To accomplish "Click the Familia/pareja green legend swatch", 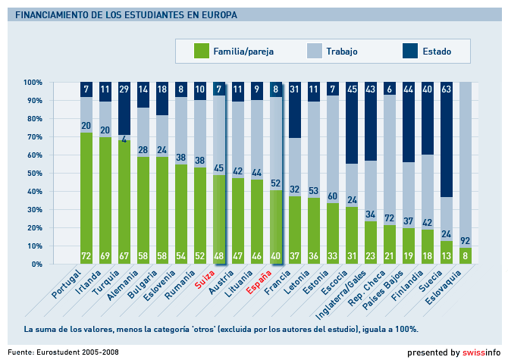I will click(x=201, y=52).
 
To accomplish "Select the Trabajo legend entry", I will click(x=342, y=52).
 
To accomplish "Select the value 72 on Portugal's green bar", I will click(x=86, y=256).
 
